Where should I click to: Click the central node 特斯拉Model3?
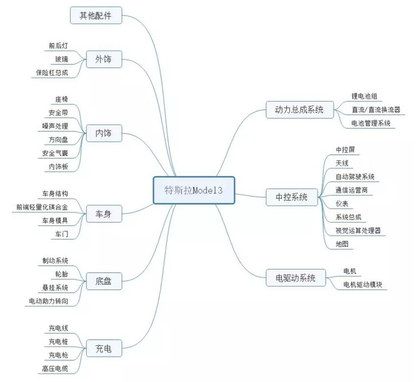click(x=194, y=190)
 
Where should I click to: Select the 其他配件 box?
click(x=96, y=15)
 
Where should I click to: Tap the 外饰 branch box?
click(x=104, y=59)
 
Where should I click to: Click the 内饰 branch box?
click(x=104, y=133)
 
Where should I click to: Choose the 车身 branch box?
click(x=104, y=213)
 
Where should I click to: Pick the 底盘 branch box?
click(x=104, y=281)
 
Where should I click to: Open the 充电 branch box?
click(x=104, y=348)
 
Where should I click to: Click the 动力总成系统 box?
click(x=300, y=110)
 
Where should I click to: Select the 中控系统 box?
click(x=292, y=197)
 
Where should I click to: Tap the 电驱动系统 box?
click(x=296, y=278)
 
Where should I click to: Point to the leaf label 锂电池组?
click(x=364, y=96)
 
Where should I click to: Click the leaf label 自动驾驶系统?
click(x=355, y=177)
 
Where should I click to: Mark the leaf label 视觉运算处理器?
click(x=358, y=230)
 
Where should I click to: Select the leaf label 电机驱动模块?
click(x=362, y=285)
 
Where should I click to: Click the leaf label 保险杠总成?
click(x=52, y=73)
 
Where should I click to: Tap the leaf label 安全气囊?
click(x=55, y=153)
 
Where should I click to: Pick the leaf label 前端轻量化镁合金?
click(x=42, y=207)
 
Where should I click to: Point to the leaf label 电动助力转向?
click(x=49, y=301)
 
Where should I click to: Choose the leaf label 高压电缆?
click(x=55, y=369)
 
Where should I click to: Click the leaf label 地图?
click(x=342, y=244)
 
